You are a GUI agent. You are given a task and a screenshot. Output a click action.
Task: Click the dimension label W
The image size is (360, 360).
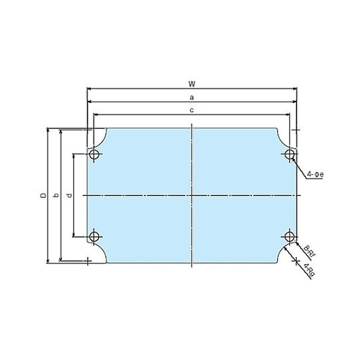[192, 84]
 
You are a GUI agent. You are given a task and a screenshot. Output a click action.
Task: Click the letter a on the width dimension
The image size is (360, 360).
[192, 96]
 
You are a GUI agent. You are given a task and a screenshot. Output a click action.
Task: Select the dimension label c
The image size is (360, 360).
[192, 109]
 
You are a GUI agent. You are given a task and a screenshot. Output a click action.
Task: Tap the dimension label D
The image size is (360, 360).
[42, 195]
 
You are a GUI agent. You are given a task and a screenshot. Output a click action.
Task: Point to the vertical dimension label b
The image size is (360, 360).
[55, 195]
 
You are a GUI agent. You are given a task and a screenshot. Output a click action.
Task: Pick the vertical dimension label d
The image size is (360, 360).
[68, 195]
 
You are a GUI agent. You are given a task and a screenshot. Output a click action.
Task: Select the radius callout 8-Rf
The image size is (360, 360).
[307, 249]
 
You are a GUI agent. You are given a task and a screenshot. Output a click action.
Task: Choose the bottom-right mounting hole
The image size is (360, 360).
[289, 237]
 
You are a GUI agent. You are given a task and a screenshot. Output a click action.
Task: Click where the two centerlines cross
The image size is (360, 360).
[192, 195]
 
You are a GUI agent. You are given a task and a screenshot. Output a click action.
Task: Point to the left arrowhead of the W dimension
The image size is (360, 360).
[89, 89]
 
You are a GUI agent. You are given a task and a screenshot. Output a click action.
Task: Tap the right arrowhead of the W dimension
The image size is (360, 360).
[295, 89]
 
